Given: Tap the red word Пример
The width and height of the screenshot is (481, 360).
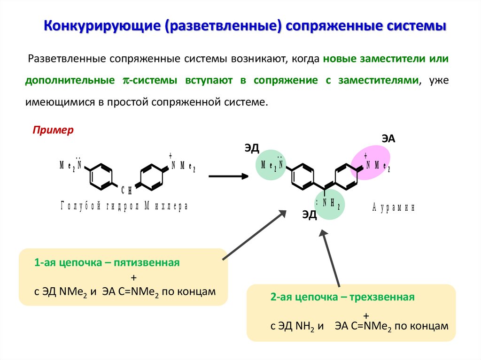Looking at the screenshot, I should point(53,130).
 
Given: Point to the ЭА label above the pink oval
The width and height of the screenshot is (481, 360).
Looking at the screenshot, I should point(388,138).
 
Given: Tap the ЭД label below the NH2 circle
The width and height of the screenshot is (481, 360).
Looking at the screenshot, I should point(310,215).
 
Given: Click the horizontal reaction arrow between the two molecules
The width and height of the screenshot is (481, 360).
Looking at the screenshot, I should point(228,176).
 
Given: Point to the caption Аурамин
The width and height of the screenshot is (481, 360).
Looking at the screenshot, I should point(393,207).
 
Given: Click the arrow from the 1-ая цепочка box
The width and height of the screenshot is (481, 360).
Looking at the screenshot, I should point(254,235).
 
